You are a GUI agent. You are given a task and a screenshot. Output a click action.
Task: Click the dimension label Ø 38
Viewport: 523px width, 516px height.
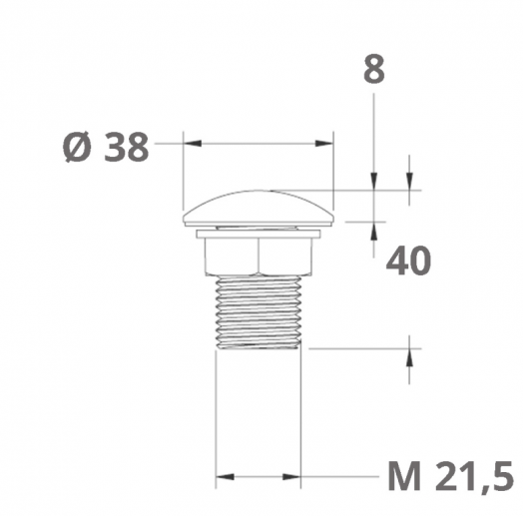click(x=106, y=147)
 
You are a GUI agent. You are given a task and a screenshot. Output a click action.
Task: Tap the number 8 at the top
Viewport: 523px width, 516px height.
click(x=374, y=69)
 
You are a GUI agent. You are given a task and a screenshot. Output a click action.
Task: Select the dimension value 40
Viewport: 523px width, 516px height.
click(x=408, y=260)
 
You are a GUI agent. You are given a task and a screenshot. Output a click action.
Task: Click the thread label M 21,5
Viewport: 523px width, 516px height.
click(x=450, y=476)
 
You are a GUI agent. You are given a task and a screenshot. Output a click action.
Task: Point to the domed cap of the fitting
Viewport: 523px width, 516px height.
click(x=259, y=209)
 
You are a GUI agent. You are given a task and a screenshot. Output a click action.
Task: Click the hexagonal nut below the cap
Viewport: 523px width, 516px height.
click(x=259, y=258)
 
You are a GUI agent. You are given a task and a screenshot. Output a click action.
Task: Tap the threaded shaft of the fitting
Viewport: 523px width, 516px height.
click(x=259, y=312)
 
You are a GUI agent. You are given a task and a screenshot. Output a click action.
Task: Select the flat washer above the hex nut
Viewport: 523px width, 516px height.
click(x=259, y=234)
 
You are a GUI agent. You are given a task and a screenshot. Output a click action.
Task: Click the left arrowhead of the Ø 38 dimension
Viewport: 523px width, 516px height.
click(x=193, y=144)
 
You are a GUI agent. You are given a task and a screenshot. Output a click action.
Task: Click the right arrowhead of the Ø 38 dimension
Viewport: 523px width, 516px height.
click(x=324, y=144)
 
